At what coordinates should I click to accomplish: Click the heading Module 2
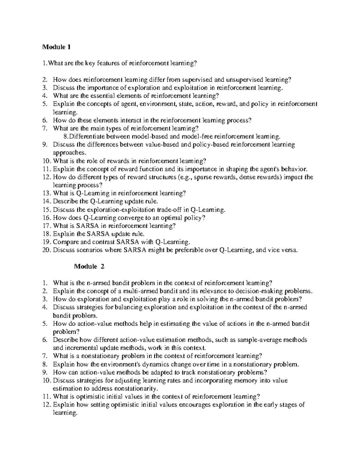click(89, 266)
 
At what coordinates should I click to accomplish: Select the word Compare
click(64, 242)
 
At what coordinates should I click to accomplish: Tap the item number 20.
click(46, 250)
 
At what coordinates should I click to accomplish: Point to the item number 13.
click(47, 193)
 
